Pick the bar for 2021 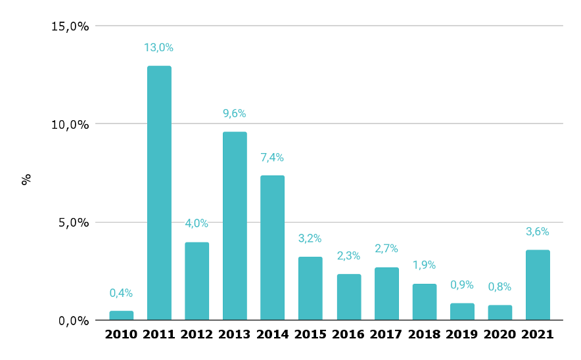coord(538,284)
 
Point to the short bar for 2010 coord(121,315)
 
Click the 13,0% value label coord(159,47)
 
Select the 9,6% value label coord(235,113)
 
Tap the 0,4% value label coord(121,292)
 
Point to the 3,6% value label coord(538,231)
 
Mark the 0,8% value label coord(500,286)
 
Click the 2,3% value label coord(348,256)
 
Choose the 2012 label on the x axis coord(197,334)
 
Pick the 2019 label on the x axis coord(462,334)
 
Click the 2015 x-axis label coord(310,334)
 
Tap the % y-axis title coord(26,179)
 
